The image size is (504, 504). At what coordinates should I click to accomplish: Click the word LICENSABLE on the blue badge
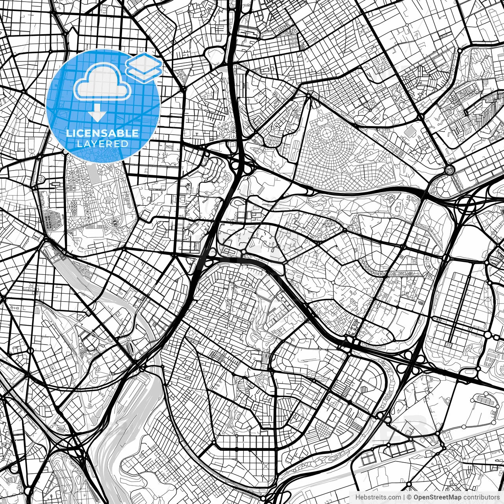[102, 133]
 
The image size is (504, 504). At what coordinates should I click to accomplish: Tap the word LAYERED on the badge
[102, 144]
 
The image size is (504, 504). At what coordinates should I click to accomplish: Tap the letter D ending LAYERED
[125, 144]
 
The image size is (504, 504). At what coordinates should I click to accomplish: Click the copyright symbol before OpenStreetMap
[409, 497]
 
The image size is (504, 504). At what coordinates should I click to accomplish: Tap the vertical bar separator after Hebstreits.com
[404, 497]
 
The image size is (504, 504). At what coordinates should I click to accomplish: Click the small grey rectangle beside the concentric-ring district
[410, 130]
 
